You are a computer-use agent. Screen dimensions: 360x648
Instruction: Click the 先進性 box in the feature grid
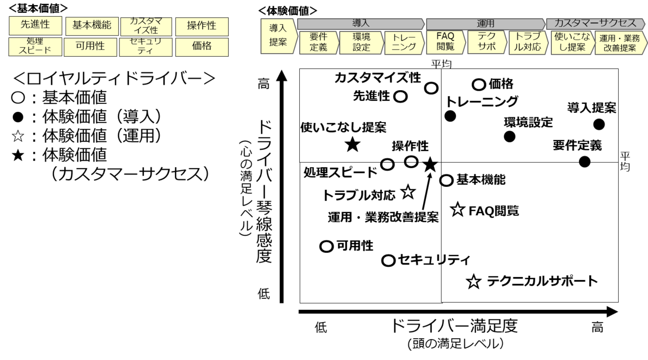pos(35,25)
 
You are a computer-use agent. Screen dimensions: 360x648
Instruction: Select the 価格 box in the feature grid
pos(201,47)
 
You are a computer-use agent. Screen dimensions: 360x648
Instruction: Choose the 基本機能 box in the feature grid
pos(92,25)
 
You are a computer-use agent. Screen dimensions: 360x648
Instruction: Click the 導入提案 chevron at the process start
pos(278,35)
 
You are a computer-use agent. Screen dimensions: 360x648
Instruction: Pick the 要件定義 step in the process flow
pos(318,43)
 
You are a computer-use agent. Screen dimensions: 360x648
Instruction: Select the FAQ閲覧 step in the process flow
pos(445,43)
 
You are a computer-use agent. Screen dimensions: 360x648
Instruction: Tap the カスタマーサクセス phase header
pos(595,24)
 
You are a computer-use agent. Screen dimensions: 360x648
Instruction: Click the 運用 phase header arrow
pos(485,24)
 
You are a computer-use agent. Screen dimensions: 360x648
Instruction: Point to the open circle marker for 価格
pos(479,85)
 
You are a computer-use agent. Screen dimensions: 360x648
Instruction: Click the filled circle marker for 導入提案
pos(599,124)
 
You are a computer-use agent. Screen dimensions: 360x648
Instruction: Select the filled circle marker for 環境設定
pos(509,136)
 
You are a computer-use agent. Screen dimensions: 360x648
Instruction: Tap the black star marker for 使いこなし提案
pos(352,145)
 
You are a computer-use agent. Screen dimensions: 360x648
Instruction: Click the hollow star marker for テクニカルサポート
pos(473,282)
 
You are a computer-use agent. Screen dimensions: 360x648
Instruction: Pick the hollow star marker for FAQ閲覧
pos(458,210)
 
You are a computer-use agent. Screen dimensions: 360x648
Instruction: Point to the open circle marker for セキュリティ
pos(388,261)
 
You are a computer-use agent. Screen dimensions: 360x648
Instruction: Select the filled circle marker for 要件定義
pos(585,162)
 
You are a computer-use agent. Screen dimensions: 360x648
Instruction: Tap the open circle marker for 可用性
pos(327,247)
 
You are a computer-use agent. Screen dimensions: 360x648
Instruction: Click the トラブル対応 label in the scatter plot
pos(358,195)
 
